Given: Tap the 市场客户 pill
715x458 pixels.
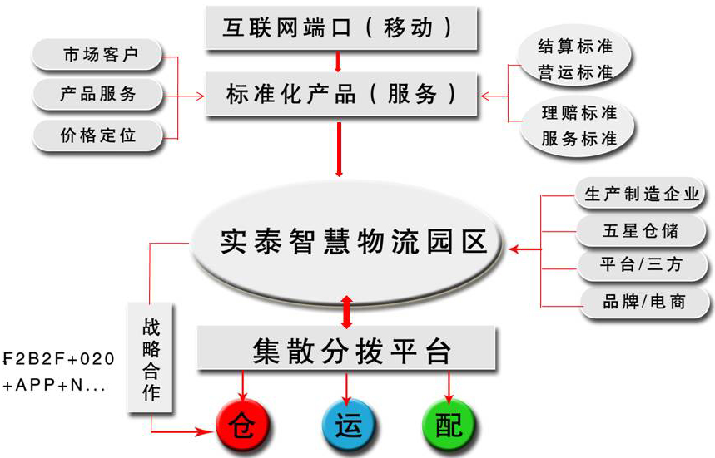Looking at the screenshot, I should [x=98, y=56].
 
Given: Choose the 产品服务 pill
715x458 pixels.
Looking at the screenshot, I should [x=98, y=95].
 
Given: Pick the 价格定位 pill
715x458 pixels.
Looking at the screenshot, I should [x=98, y=134].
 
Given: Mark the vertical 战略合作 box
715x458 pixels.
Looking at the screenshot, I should [x=151, y=357].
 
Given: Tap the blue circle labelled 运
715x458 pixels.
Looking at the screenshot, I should [x=346, y=424].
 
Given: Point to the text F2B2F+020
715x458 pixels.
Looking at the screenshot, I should [x=58, y=359].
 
